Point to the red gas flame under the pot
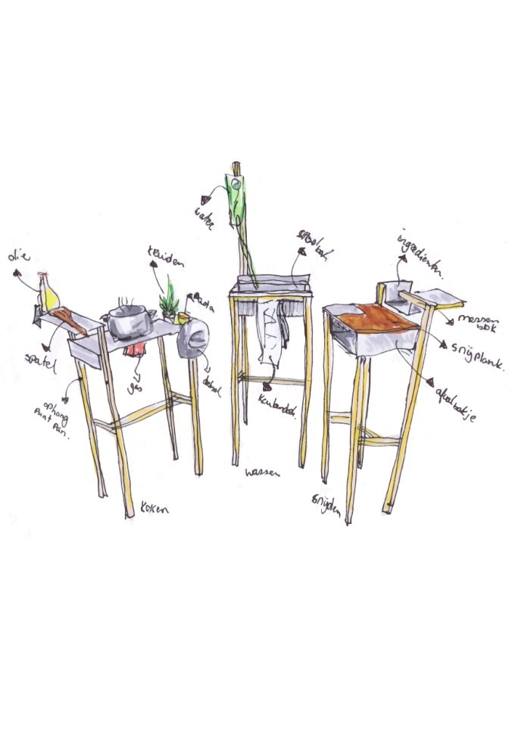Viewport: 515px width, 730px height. [136, 348]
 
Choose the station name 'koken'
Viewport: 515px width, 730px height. [156, 510]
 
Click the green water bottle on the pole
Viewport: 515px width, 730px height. [236, 192]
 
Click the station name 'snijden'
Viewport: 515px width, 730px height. [327, 501]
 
